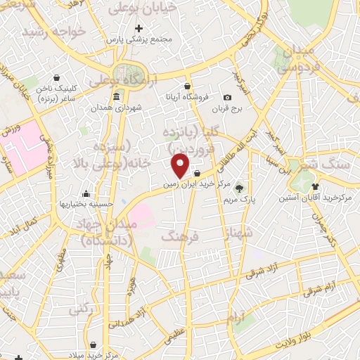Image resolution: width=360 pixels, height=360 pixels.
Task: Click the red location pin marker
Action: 181,166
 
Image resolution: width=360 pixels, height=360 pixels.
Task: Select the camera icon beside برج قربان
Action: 227,98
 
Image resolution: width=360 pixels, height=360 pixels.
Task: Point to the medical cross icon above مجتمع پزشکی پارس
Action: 139,29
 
